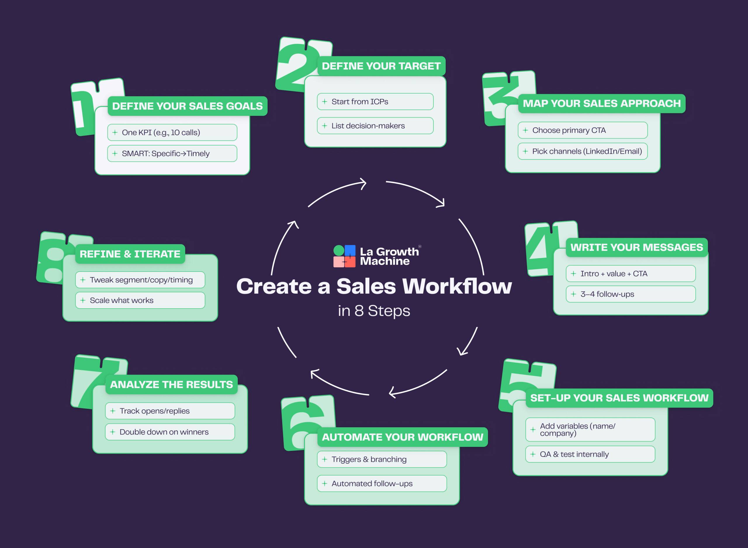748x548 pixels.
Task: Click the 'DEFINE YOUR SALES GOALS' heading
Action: [187, 106]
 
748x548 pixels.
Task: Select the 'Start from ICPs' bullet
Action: [375, 101]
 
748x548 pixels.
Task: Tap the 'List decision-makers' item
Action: [375, 126]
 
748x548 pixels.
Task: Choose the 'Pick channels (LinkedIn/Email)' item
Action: [582, 151]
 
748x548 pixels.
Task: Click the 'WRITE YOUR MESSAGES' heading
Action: [636, 247]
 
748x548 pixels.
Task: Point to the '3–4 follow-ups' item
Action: [630, 294]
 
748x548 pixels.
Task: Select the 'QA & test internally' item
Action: [590, 454]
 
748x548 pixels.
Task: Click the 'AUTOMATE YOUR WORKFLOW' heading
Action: [402, 437]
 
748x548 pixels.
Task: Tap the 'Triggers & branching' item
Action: [382, 459]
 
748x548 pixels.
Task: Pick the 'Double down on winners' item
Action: [170, 432]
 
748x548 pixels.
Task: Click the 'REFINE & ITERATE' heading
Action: [130, 254]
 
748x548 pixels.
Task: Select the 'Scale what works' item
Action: [140, 300]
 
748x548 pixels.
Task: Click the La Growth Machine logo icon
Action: [344, 256]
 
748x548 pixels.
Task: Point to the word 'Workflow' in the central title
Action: [457, 287]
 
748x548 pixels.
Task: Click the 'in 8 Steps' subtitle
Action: [374, 311]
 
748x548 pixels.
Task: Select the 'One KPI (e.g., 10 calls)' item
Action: [172, 132]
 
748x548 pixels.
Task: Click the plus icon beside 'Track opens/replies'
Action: [113, 411]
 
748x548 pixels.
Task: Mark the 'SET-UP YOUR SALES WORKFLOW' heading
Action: [619, 398]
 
